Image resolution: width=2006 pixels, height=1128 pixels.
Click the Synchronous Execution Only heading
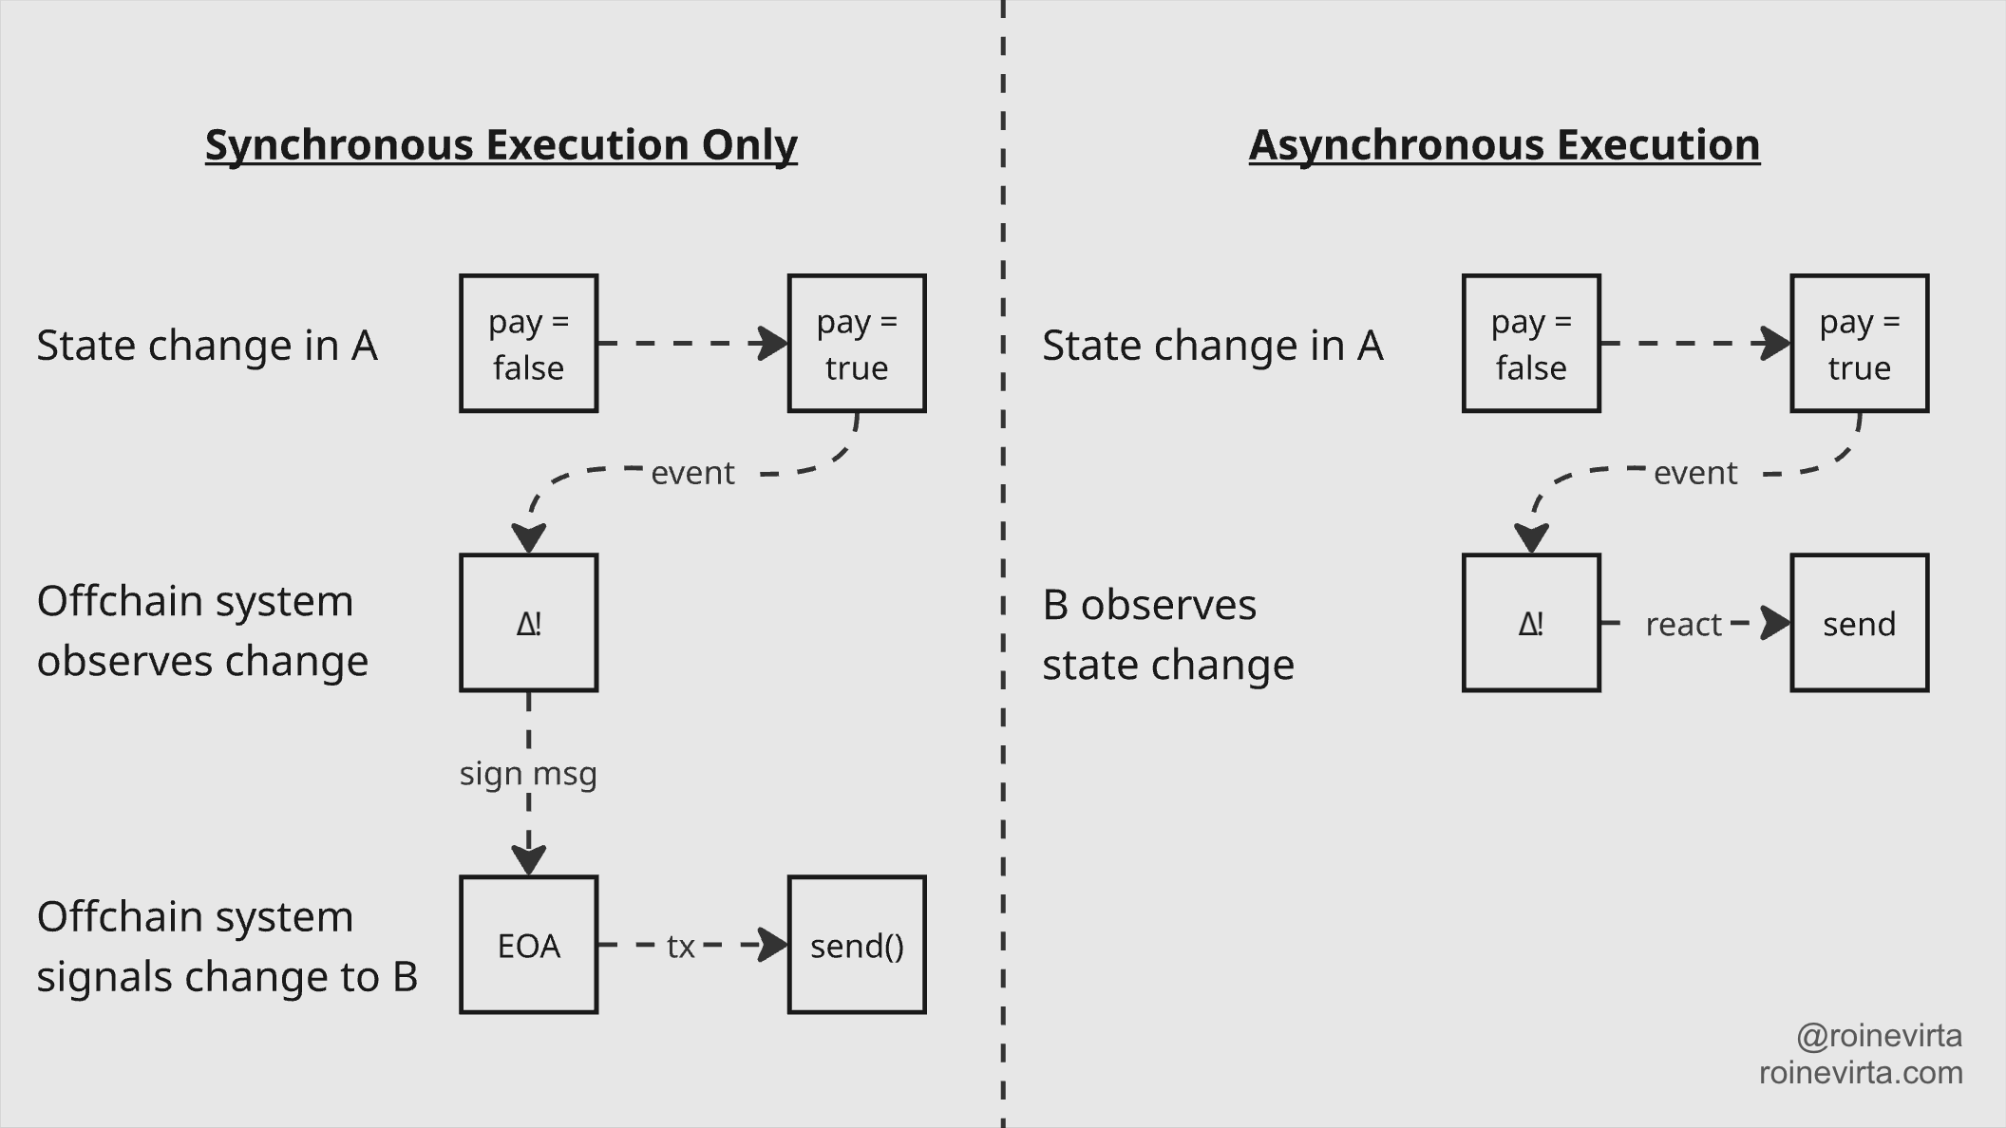click(501, 145)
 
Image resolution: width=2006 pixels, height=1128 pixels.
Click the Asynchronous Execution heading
click(1504, 145)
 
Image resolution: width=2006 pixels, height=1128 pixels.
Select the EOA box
click(528, 945)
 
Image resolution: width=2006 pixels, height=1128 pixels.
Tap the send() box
click(856, 945)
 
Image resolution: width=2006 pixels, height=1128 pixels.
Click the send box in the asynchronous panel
click(1859, 623)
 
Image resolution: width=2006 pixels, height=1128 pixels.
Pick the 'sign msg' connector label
click(528, 773)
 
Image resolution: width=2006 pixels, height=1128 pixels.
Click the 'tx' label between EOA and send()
click(680, 946)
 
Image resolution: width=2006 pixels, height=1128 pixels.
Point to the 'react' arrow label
click(1683, 624)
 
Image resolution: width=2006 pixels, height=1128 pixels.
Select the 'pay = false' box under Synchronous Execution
click(528, 344)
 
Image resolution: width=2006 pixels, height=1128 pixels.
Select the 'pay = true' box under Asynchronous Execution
click(1859, 344)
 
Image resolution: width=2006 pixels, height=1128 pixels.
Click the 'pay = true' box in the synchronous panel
click(856, 344)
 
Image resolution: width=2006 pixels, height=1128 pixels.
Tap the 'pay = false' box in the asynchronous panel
click(1531, 344)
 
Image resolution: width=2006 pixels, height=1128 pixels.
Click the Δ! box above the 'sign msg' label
click(528, 623)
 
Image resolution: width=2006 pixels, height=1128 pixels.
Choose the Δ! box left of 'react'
click(1531, 623)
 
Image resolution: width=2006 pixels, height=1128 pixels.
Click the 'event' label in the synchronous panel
click(692, 472)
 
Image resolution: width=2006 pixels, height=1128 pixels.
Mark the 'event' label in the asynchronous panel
click(1695, 472)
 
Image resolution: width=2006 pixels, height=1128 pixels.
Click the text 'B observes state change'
click(1167, 634)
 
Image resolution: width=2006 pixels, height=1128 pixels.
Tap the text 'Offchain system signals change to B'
click(227, 946)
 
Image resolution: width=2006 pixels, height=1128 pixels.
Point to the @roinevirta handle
click(1879, 1035)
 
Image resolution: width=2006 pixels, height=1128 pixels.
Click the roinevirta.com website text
click(1860, 1072)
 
